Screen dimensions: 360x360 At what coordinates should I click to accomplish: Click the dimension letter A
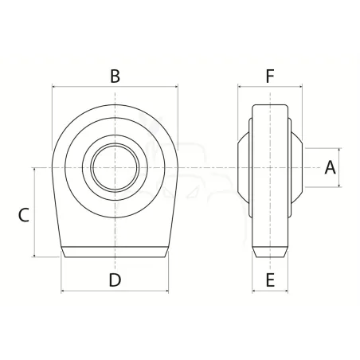pyautogui.click(x=330, y=167)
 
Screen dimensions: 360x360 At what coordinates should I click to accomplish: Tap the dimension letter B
pyautogui.click(x=115, y=76)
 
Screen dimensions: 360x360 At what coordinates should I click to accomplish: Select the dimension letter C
pyautogui.click(x=23, y=215)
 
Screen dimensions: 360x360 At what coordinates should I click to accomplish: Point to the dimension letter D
pyautogui.click(x=115, y=280)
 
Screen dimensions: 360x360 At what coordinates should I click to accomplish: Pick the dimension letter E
pyautogui.click(x=270, y=280)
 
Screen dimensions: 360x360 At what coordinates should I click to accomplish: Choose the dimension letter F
pyautogui.click(x=270, y=76)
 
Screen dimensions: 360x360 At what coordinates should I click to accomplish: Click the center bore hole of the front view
pyautogui.click(x=115, y=167)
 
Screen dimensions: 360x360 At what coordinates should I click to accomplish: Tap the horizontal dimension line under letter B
pyautogui.click(x=115, y=87)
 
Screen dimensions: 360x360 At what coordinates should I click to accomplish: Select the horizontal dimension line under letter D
pyautogui.click(x=115, y=291)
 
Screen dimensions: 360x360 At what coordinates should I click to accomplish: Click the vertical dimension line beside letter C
pyautogui.click(x=34, y=213)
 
